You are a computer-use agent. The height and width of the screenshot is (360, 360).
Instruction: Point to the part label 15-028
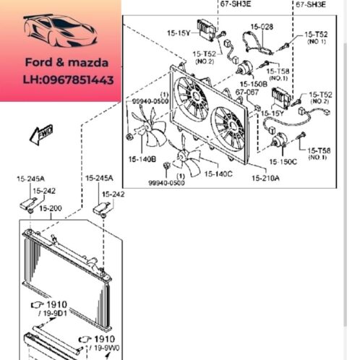[x=262, y=27]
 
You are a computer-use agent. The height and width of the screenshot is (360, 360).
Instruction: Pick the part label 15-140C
[x=217, y=174]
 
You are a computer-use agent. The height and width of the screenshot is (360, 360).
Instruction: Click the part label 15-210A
[x=265, y=179]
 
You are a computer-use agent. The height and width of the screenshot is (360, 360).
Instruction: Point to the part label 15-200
[x=51, y=208]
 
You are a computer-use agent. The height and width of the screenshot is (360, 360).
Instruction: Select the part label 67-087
[x=246, y=93]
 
